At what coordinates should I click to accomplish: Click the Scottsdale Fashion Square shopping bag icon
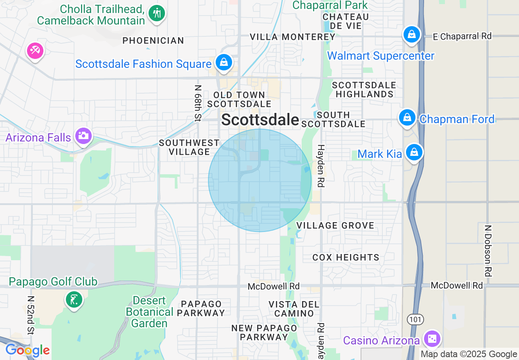click(224, 63)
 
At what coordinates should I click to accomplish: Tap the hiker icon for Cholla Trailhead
click(156, 13)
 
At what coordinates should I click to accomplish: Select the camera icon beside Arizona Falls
click(83, 135)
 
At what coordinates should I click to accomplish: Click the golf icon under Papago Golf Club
click(74, 300)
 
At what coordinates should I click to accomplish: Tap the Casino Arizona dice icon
click(432, 339)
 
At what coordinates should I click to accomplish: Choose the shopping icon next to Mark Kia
click(414, 152)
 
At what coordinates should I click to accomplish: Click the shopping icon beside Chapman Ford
click(407, 117)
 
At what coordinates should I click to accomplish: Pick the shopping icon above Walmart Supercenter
click(412, 34)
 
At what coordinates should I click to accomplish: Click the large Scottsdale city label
click(260, 120)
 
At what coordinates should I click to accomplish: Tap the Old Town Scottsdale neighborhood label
click(239, 99)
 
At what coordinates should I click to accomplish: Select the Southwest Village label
click(189, 147)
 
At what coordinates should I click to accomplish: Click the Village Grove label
click(335, 225)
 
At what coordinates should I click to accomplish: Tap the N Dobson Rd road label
click(487, 250)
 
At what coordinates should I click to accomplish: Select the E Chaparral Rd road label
click(462, 36)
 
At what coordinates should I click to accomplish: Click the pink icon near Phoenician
click(35, 51)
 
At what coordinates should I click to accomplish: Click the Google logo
click(27, 350)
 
